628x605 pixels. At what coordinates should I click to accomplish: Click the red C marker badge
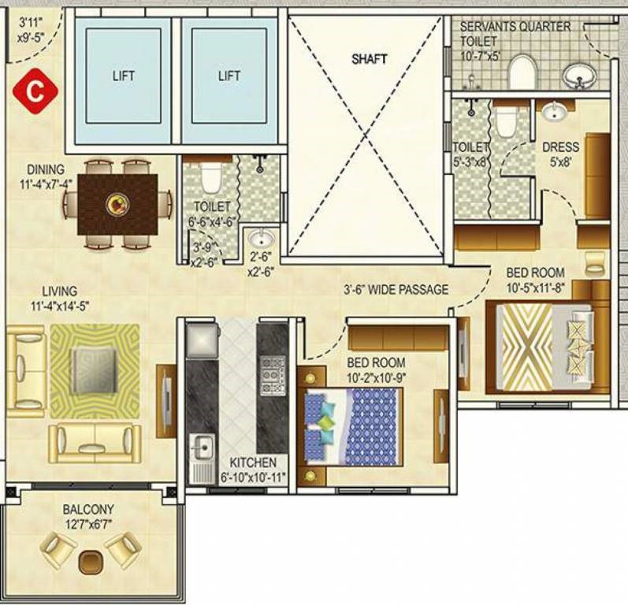[x=35, y=91]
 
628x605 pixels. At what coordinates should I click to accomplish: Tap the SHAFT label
[x=369, y=59]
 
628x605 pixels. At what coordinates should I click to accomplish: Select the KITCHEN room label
[x=253, y=463]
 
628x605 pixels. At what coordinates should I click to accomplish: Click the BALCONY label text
[x=88, y=510]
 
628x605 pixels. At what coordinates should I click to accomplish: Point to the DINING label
[x=46, y=169]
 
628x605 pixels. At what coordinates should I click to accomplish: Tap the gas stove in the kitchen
[x=273, y=376]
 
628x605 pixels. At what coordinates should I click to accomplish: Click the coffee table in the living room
[x=95, y=371]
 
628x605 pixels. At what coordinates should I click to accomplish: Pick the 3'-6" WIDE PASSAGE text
[x=396, y=289]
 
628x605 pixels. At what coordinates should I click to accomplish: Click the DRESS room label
[x=560, y=147]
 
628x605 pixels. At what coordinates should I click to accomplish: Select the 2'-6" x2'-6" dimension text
[x=260, y=264]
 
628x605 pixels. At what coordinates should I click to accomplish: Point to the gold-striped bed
[x=544, y=347]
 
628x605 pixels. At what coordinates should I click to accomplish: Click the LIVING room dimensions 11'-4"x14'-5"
[x=60, y=306]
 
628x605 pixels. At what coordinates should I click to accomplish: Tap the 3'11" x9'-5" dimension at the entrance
[x=31, y=30]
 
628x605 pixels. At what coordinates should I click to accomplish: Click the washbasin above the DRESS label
[x=554, y=111]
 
